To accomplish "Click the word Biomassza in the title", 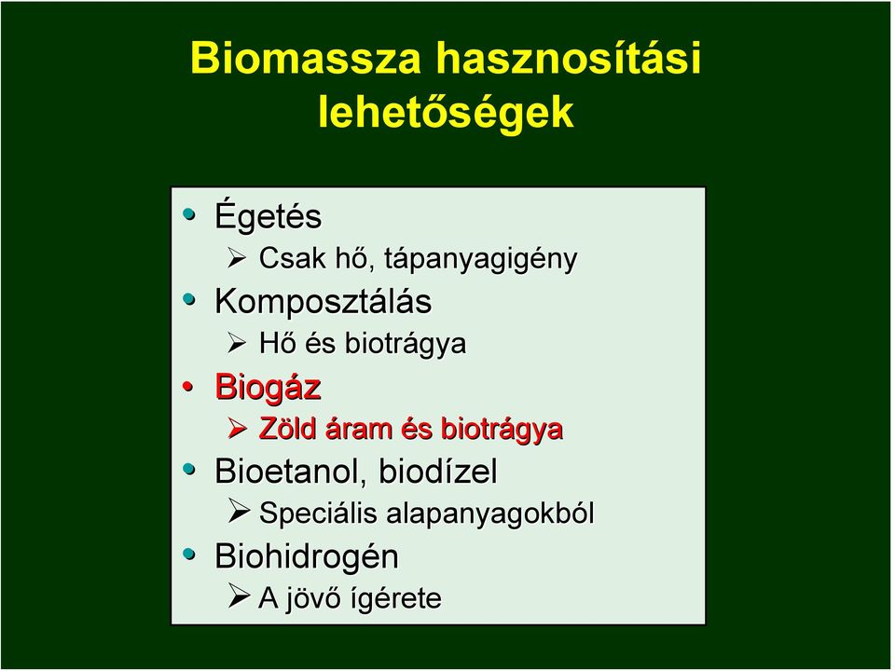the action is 306,58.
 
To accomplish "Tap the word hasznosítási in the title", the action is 569,57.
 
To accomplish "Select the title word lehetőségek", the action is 446,113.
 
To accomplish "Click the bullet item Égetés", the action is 268,215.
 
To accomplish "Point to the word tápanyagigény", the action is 481,258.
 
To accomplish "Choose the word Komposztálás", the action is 324,301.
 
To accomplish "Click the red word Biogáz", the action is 268,388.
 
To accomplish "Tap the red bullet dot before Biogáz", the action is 188,387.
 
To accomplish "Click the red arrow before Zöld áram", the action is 238,428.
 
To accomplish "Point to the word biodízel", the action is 438,472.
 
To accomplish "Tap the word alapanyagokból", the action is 490,513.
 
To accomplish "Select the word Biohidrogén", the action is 307,555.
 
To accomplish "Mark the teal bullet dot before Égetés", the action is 189,214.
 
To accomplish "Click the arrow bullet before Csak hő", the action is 238,258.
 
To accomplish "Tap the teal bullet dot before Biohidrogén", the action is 189,554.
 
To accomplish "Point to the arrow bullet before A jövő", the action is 239,596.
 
